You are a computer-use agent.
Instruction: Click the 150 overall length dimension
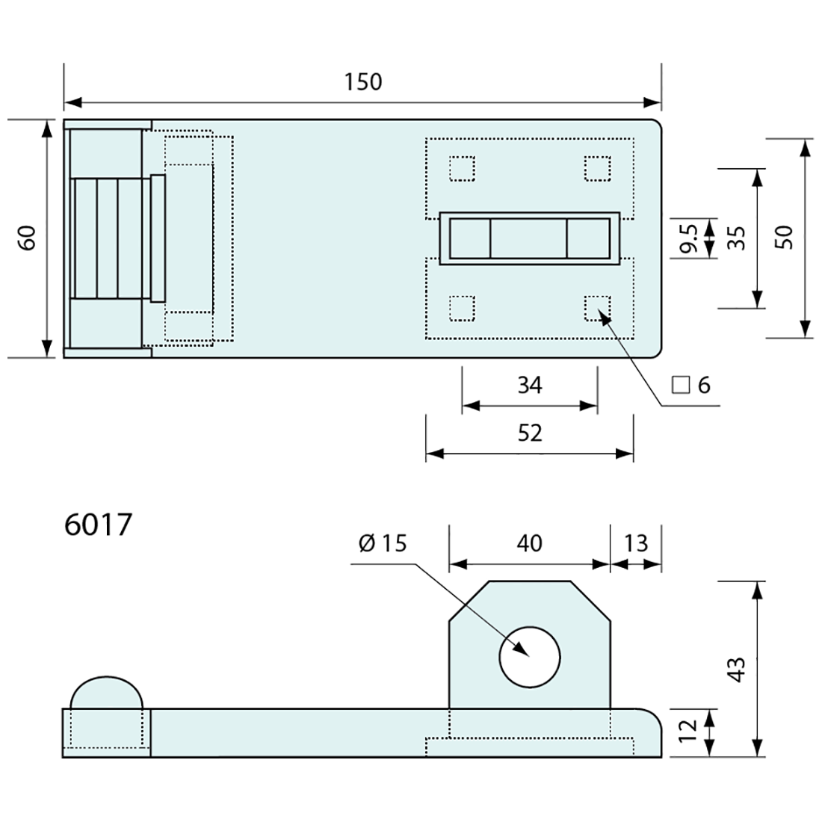coord(362,82)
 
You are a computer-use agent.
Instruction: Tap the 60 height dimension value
coord(27,238)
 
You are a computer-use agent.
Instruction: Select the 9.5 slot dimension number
coord(689,238)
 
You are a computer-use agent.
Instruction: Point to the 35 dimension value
coord(737,238)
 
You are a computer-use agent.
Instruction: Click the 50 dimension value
coord(784,238)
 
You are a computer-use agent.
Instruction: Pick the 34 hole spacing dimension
coord(530,386)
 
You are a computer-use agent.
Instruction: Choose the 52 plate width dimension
coord(530,433)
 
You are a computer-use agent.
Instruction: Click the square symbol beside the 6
coord(681,386)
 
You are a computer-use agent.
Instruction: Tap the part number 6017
coord(98,525)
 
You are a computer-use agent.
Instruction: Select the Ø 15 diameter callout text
coord(383,543)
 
